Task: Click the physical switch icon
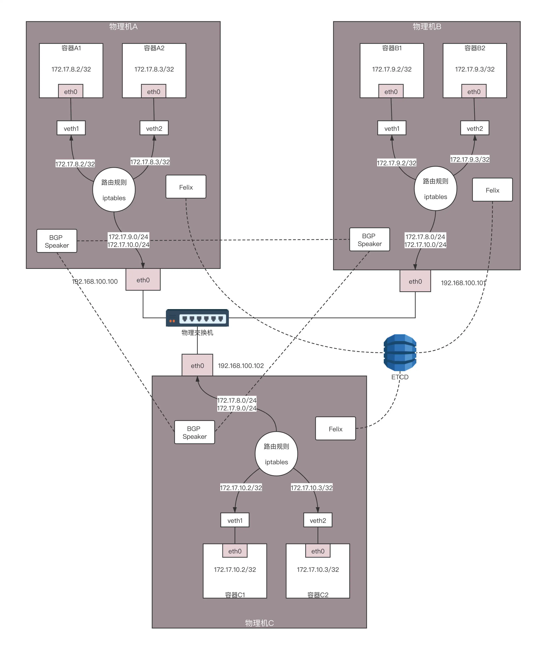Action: pyautogui.click(x=197, y=318)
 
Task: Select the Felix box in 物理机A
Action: pyautogui.click(x=186, y=187)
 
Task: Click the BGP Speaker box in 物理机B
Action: pyautogui.click(x=369, y=239)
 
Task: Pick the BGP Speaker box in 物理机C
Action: pyautogui.click(x=194, y=432)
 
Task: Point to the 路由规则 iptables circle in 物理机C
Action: pyautogui.click(x=276, y=454)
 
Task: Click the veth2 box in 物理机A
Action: pyautogui.click(x=154, y=128)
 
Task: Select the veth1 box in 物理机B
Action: pyautogui.click(x=392, y=128)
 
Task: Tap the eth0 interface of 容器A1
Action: pyautogui.click(x=71, y=91)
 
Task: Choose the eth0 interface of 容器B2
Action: pyautogui.click(x=474, y=91)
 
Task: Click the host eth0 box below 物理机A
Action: pyautogui.click(x=143, y=280)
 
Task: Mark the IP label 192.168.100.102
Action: pyautogui.click(x=241, y=366)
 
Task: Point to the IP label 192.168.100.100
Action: pyautogui.click(x=95, y=281)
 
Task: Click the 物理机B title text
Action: pyautogui.click(x=427, y=26)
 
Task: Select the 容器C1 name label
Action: pyautogui.click(x=235, y=595)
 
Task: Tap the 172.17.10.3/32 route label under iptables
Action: pyautogui.click(x=312, y=487)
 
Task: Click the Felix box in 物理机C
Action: pyautogui.click(x=336, y=429)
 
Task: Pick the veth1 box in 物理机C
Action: pyautogui.click(x=235, y=520)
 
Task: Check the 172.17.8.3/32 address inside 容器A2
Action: pyautogui.click(x=154, y=69)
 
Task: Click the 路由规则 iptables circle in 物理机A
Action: pyautogui.click(x=114, y=190)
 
